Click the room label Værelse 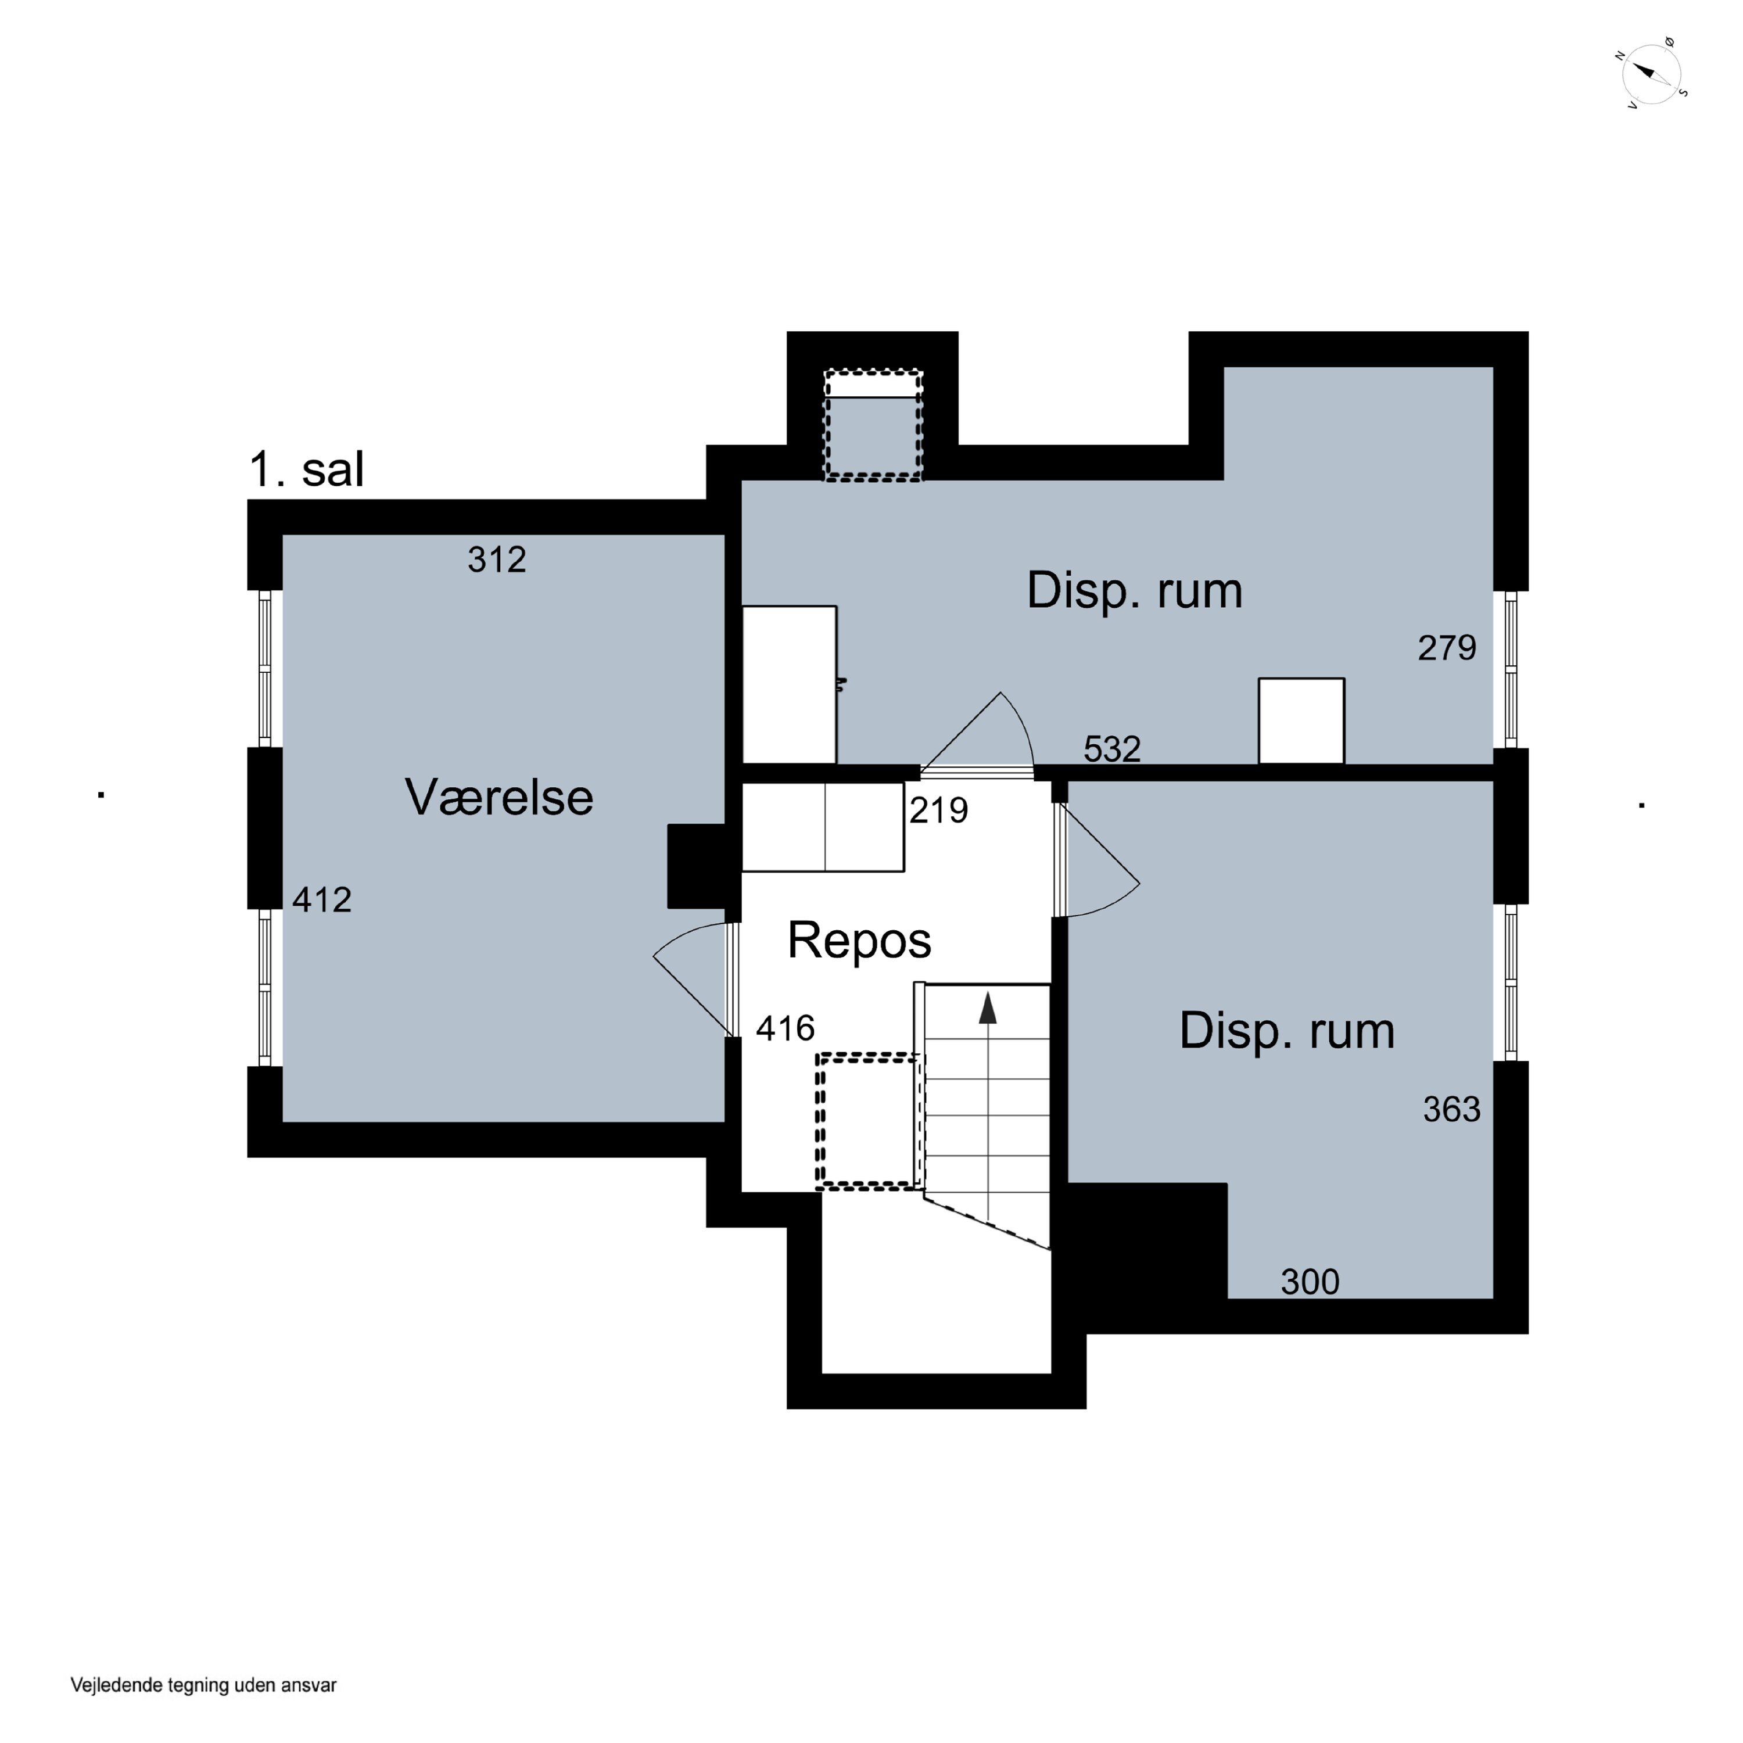point(499,798)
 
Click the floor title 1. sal point(307,469)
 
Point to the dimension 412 point(322,899)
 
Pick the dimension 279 point(1447,648)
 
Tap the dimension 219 point(939,810)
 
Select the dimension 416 point(786,1028)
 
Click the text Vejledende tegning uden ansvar point(204,1685)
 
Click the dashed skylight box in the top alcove point(873,425)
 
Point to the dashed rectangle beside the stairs point(870,1121)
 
